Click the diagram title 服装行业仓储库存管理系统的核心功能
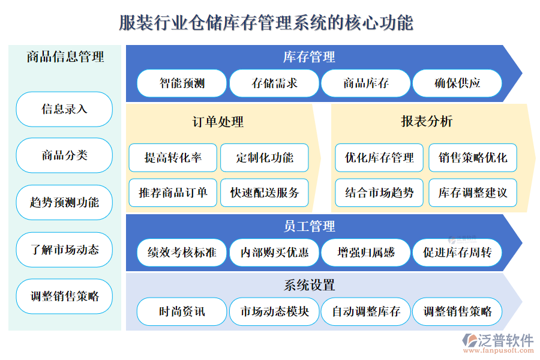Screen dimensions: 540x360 (266, 23)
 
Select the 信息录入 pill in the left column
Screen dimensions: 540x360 (64, 109)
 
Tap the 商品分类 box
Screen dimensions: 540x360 (64, 155)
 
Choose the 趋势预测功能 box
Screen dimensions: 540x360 (64, 202)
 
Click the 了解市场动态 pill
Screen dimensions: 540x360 (64, 250)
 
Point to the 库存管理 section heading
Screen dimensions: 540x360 (309, 57)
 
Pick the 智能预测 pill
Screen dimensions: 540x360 (182, 83)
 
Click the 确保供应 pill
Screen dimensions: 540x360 (457, 83)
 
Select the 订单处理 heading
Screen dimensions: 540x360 (218, 122)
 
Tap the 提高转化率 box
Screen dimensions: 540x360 (173, 158)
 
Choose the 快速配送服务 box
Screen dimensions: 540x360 (265, 193)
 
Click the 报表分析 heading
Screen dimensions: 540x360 (427, 121)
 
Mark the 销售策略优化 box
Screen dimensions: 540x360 (473, 158)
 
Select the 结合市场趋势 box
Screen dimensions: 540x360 (379, 193)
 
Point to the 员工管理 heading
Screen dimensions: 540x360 (309, 226)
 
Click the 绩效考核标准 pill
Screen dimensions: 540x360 (182, 253)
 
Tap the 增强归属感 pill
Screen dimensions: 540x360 (366, 253)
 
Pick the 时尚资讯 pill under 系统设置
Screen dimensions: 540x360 (182, 312)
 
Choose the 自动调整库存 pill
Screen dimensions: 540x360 (366, 312)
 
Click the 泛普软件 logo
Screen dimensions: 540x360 (498, 343)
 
